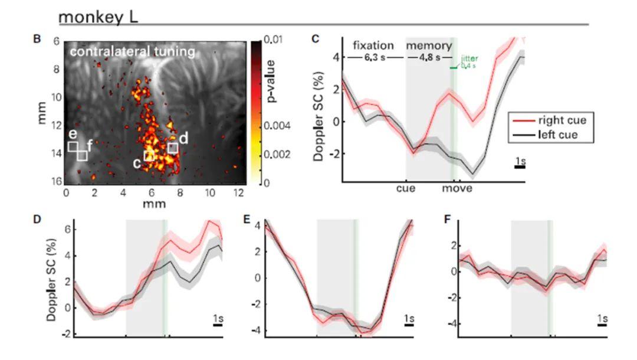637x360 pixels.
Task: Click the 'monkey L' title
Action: pos(98,18)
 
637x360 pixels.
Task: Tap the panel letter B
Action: pos(37,40)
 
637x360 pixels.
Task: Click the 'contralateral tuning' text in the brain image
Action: pos(133,52)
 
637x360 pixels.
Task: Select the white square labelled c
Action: pos(149,156)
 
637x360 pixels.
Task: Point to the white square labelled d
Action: pos(173,148)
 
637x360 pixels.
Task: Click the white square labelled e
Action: pos(73,146)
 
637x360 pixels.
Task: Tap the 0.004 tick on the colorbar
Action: pos(277,126)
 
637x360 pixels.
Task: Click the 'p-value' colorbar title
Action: pos(270,81)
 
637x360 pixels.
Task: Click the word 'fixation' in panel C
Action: pos(373,45)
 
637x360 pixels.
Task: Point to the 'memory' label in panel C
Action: pos(429,46)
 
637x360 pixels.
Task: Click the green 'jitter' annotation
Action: pos(469,59)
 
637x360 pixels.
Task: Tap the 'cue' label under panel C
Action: pos(406,188)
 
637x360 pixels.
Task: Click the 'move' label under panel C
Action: pos(457,188)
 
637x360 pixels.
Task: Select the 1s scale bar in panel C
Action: pos(520,166)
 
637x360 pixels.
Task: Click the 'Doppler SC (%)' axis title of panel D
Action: pos(51,280)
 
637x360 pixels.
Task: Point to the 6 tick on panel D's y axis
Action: pos(68,230)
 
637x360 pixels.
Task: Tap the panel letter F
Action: pos(448,220)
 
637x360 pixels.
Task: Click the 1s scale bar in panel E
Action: pos(409,325)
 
